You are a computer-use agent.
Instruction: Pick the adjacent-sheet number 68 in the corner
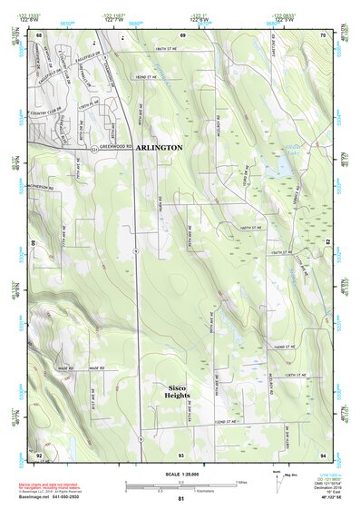coord(40,34)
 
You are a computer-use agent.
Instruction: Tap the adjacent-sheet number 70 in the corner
coord(323,34)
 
